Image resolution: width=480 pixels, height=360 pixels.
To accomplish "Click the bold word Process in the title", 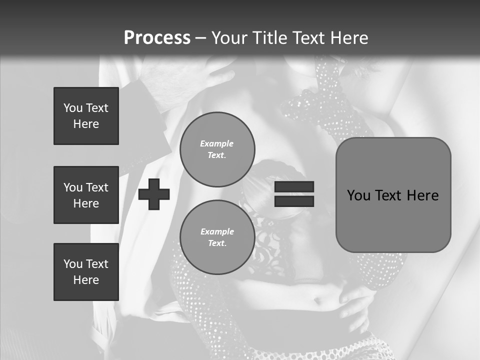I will [x=157, y=37].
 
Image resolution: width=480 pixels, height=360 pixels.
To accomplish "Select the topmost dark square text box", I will [x=86, y=116].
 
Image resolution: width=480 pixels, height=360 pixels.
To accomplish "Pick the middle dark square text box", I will [x=86, y=195].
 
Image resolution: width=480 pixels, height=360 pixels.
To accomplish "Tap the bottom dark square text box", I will [x=86, y=272].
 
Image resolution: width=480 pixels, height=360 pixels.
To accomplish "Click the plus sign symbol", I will [x=154, y=194].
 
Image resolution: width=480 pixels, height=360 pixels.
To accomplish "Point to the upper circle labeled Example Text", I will [x=217, y=149].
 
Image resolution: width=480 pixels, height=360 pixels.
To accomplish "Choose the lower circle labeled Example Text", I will [x=217, y=237].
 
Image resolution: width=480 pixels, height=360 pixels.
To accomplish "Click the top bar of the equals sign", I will [x=294, y=187].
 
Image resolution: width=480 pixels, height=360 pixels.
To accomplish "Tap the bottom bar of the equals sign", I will [x=294, y=201].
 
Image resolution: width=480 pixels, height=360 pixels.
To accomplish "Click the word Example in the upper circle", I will [x=217, y=143].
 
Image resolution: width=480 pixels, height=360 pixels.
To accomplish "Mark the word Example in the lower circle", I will [x=217, y=231].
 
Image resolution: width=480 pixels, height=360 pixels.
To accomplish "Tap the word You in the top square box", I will [x=73, y=108].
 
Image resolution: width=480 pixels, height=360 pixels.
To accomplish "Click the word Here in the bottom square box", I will [x=86, y=280].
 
